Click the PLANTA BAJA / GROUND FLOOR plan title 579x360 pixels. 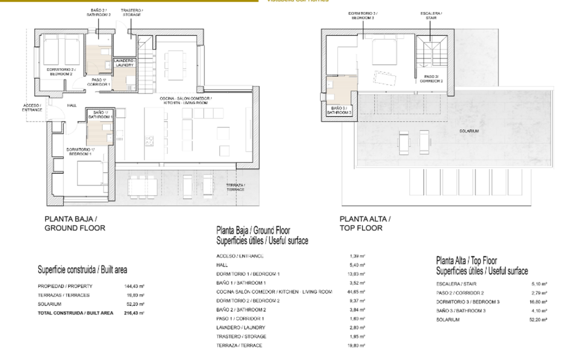(x=75, y=223)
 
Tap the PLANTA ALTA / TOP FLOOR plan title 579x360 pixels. (x=365, y=223)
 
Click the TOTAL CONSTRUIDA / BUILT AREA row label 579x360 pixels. (x=76, y=312)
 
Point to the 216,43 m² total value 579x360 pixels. (x=135, y=312)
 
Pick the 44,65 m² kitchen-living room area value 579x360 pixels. (x=357, y=291)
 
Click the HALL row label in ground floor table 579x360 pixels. (x=222, y=265)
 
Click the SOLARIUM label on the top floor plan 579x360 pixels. (x=469, y=131)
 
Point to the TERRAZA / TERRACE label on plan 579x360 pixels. (x=235, y=187)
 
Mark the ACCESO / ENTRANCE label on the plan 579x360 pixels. (x=32, y=107)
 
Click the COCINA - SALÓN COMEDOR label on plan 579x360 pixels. (x=185, y=100)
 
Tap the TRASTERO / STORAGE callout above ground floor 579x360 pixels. (x=131, y=12)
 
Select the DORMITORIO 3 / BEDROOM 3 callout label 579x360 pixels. (x=362, y=16)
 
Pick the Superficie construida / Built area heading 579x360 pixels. (x=82, y=269)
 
